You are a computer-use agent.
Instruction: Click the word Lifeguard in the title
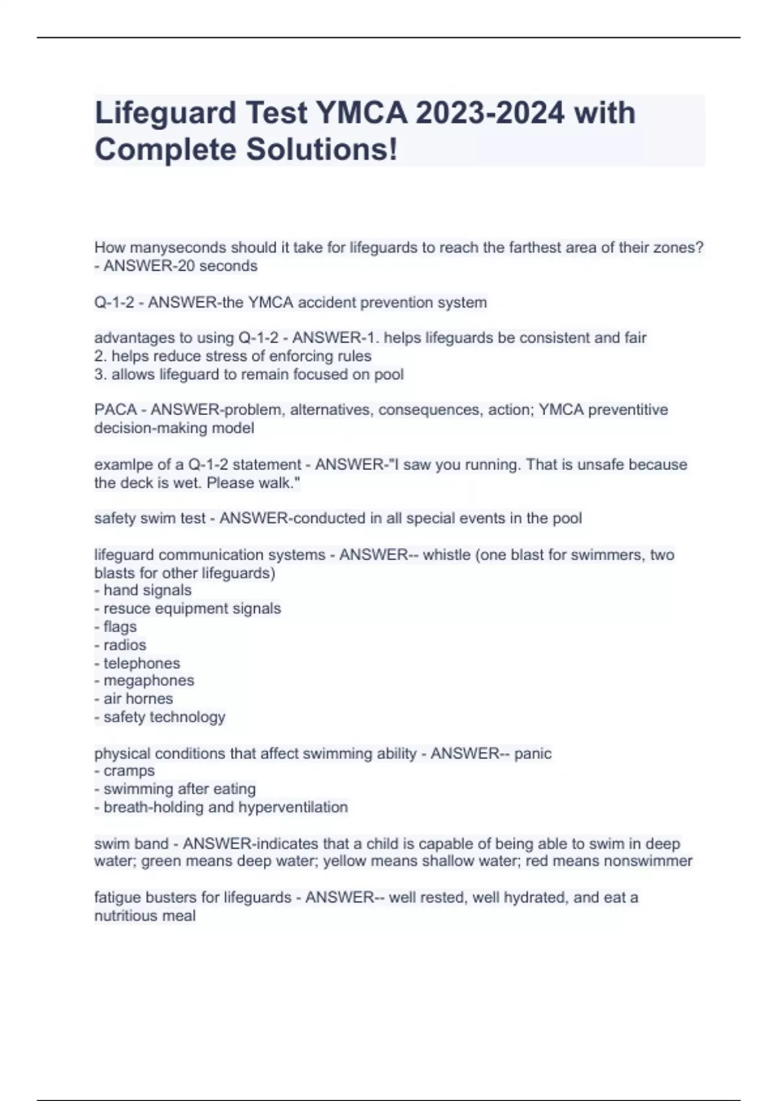pos(165,113)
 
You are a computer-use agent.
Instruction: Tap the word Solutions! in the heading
pos(322,150)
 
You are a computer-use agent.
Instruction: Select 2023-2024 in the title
pos(490,113)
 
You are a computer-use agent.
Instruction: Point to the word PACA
pos(115,410)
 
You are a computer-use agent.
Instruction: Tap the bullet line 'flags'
pos(120,627)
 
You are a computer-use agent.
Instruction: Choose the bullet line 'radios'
pos(124,645)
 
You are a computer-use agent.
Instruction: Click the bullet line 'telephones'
pos(141,663)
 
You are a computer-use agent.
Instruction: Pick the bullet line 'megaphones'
pos(148,681)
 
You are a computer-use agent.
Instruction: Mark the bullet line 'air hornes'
pos(138,699)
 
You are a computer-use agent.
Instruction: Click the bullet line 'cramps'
pos(129,771)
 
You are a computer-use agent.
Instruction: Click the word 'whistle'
pos(447,555)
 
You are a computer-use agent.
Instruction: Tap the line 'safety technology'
pos(164,717)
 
